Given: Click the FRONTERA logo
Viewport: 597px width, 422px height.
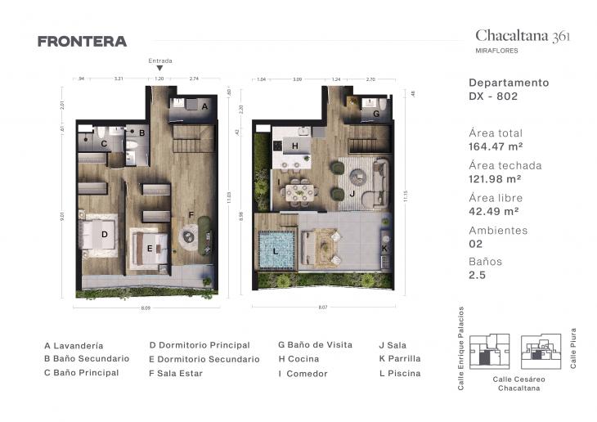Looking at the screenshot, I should point(82,42).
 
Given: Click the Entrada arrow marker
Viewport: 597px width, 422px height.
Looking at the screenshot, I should point(159,69).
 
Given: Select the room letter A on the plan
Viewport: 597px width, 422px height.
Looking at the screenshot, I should point(204,106).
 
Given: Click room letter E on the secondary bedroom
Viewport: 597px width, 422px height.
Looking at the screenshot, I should point(150,248).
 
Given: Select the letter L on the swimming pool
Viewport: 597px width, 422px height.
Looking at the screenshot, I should point(276,250).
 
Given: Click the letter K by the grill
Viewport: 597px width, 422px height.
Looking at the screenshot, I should point(383,247).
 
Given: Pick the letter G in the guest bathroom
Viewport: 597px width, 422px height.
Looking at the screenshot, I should point(376,114).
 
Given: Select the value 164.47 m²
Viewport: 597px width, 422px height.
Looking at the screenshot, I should point(496,146).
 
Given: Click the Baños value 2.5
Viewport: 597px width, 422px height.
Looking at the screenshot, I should point(477,276).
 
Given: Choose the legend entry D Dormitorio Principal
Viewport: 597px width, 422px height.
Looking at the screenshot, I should point(199,345).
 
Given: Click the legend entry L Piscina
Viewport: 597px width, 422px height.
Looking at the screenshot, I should point(400,374).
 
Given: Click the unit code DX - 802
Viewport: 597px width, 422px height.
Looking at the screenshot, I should point(493,97).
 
